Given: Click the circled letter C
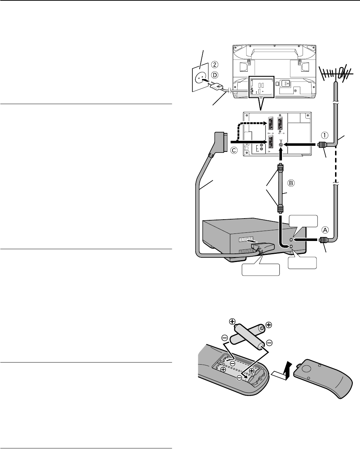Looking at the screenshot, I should click(234, 151).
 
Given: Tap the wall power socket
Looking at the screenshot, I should click(201, 77).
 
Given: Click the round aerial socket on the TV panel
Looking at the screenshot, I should click(281, 144).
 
